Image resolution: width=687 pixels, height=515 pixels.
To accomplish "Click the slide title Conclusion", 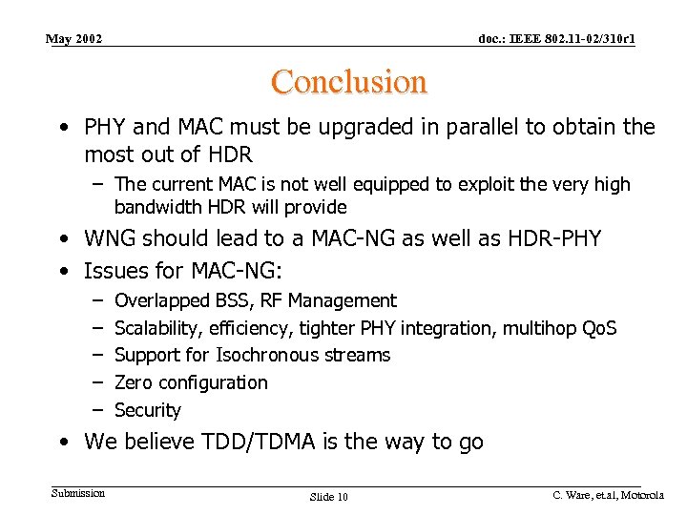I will point(348,82).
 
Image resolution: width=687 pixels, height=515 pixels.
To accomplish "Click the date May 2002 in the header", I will point(74,39).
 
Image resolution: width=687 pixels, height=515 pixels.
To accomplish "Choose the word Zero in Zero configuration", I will point(133,382).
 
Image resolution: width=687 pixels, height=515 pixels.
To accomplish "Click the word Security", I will point(147,410).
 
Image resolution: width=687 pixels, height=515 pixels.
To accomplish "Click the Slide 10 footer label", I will point(329,497).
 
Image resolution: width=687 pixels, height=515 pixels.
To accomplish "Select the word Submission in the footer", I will point(78,492).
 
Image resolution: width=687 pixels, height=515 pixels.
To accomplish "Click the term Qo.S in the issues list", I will point(599,328).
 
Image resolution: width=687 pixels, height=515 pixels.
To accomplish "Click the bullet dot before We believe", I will point(63,443).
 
